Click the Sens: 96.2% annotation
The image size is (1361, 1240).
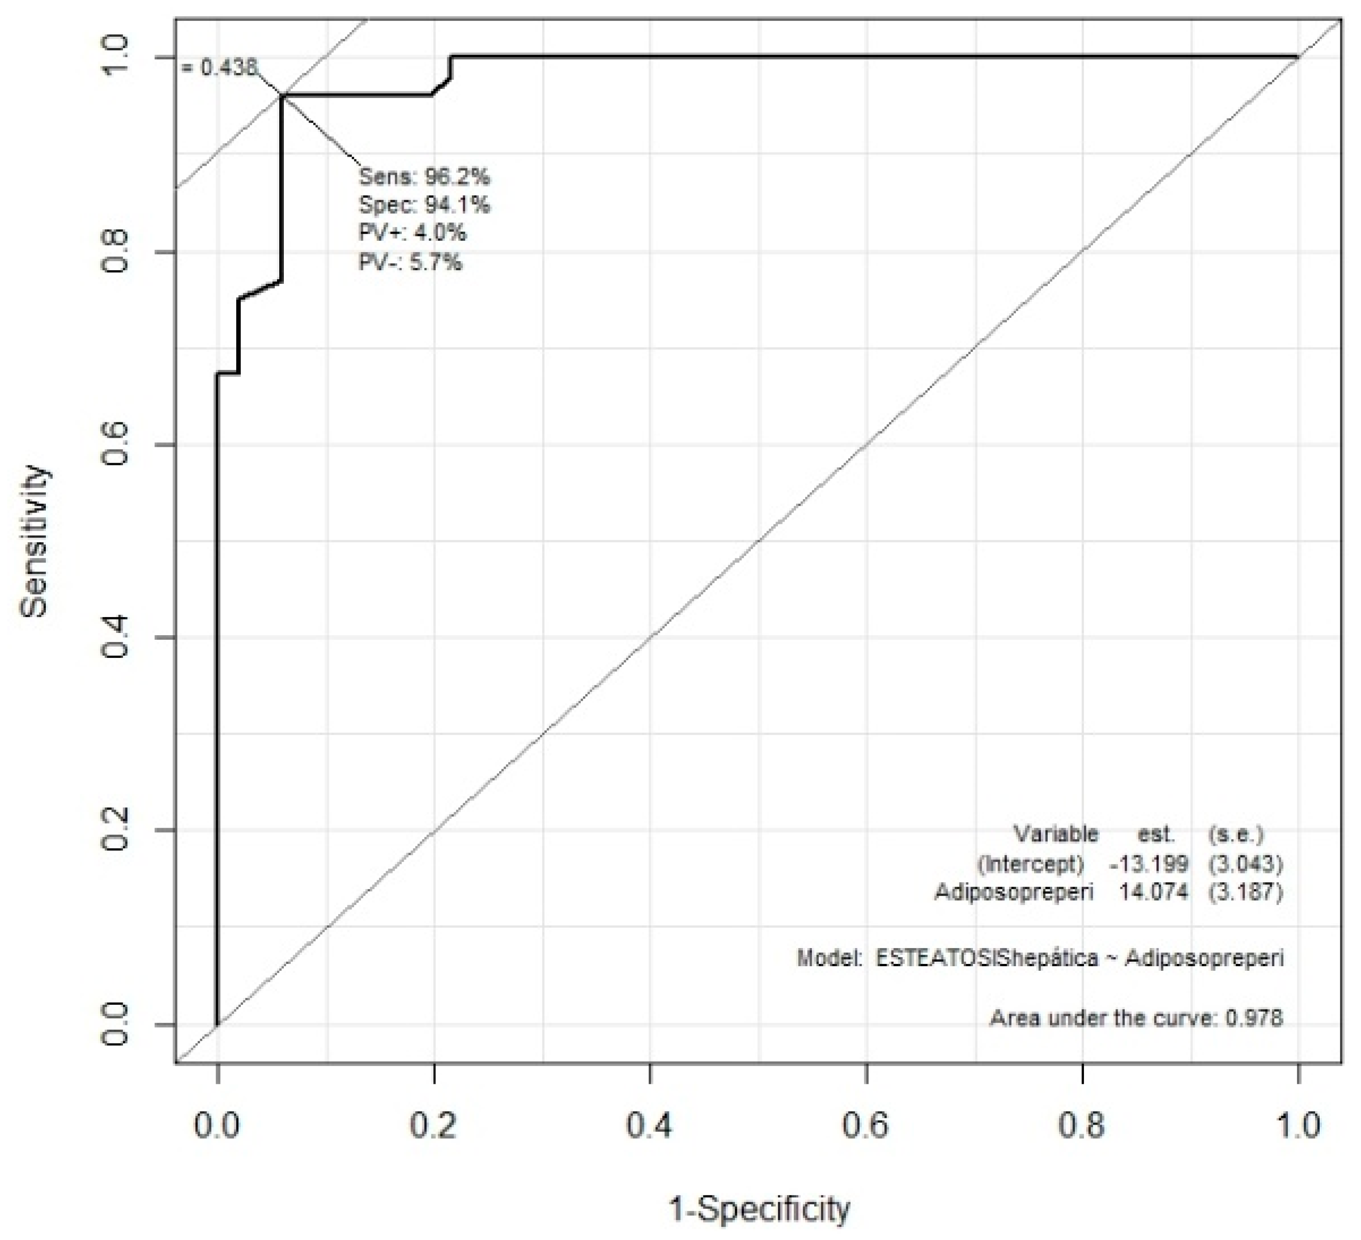424,177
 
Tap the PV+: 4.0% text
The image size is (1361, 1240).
412,233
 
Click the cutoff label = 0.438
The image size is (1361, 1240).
219,68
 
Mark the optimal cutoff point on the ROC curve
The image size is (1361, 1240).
282,96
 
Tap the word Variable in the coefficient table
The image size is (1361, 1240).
1056,835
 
